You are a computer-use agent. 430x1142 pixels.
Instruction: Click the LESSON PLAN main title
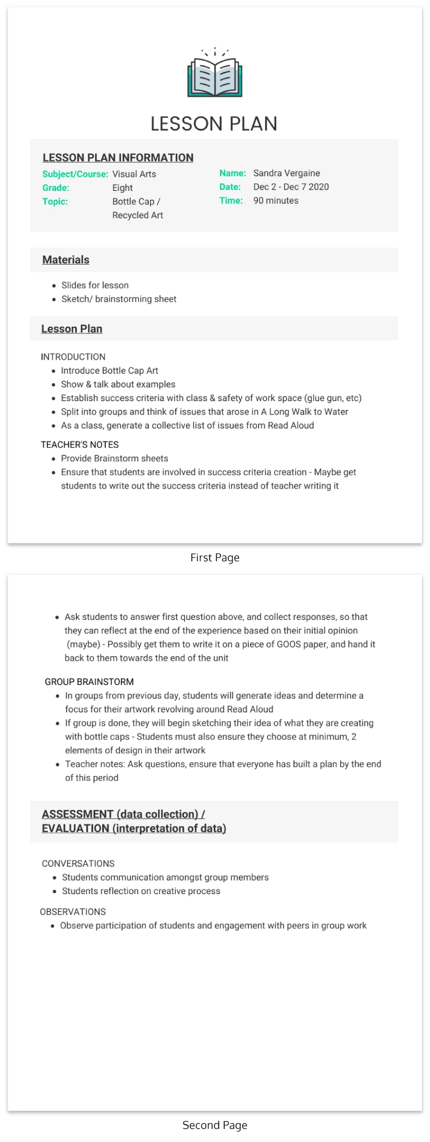click(x=214, y=124)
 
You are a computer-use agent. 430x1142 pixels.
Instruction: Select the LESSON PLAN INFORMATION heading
click(x=118, y=158)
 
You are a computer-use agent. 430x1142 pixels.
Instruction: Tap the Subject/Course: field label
click(x=75, y=174)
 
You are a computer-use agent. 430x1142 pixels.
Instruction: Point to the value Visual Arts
click(x=134, y=174)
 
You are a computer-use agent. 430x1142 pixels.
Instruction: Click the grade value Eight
click(x=123, y=188)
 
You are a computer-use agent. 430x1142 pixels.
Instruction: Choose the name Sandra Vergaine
click(x=286, y=173)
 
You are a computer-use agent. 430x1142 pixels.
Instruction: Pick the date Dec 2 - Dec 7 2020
click(x=291, y=187)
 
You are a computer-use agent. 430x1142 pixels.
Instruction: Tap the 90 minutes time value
click(x=276, y=201)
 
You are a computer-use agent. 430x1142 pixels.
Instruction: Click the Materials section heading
click(x=66, y=260)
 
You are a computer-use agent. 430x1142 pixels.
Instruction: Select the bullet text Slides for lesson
click(x=95, y=285)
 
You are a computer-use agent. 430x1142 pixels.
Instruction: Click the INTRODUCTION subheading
click(x=73, y=356)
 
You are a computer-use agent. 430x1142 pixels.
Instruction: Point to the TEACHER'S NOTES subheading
click(x=80, y=445)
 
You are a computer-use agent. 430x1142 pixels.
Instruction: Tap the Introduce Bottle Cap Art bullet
click(x=110, y=370)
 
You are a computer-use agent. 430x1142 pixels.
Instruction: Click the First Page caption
click(x=215, y=558)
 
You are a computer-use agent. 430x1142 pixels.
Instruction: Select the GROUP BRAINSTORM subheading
click(x=89, y=682)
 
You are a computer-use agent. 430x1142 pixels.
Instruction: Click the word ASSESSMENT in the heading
click(x=77, y=814)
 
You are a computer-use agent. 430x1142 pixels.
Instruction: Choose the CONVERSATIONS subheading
click(x=78, y=863)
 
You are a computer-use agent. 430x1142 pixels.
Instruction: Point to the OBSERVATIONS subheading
click(x=73, y=912)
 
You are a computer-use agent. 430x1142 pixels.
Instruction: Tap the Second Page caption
click(x=215, y=1125)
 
